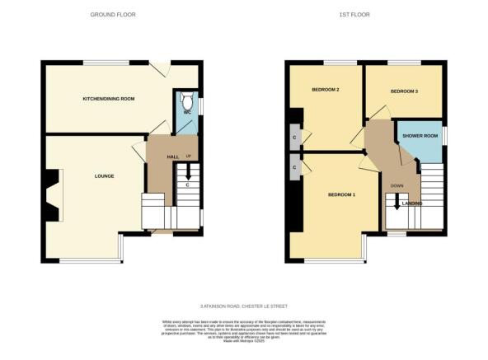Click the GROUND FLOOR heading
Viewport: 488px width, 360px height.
pyautogui.click(x=113, y=15)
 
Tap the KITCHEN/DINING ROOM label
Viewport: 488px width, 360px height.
pyautogui.click(x=108, y=98)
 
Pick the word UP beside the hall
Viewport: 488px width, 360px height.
pyautogui.click(x=189, y=157)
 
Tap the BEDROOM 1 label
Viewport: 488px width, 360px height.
pyautogui.click(x=341, y=194)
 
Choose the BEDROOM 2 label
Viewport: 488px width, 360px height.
pyautogui.click(x=326, y=90)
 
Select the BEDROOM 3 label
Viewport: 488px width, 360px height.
pyautogui.click(x=404, y=91)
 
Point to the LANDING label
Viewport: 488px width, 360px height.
pyautogui.click(x=412, y=203)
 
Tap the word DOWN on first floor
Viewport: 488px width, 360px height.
pyautogui.click(x=396, y=186)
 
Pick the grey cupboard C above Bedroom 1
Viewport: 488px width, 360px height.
pyautogui.click(x=294, y=168)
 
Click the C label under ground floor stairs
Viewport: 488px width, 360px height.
pyautogui.click(x=188, y=185)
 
